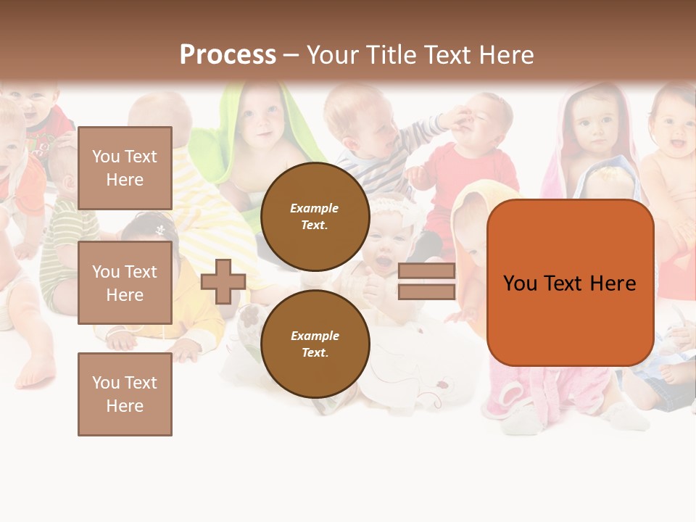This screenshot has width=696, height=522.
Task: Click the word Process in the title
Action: [x=228, y=54]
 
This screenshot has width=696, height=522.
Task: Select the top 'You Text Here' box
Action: [x=125, y=168]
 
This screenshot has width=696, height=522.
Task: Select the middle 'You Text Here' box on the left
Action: [x=125, y=283]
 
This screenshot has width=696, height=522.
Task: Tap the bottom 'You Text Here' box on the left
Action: [x=125, y=394]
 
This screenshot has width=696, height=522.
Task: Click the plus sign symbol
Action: [x=223, y=281]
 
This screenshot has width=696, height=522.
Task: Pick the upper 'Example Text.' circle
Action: [x=315, y=217]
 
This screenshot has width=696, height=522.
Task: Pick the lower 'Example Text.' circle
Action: [x=315, y=344]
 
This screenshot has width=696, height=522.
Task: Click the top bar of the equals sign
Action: [x=426, y=271]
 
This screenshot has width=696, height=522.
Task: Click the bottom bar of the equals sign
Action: [x=426, y=292]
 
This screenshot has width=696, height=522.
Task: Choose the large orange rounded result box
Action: [x=570, y=283]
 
